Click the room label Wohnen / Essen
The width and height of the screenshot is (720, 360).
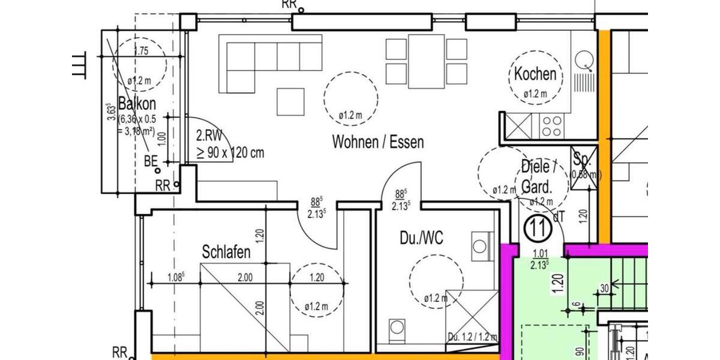(378, 142)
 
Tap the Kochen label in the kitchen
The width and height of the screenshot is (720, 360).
(535, 74)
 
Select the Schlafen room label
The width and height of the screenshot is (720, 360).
(226, 253)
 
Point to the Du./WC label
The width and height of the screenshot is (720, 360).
(421, 238)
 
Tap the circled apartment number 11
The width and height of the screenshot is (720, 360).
(538, 228)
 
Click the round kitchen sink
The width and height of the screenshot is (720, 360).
(584, 60)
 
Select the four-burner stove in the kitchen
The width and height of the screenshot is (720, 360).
(551, 126)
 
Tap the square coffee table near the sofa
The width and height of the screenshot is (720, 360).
(290, 101)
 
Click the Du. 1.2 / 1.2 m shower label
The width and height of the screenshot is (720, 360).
(472, 337)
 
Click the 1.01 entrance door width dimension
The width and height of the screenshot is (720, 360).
(538, 253)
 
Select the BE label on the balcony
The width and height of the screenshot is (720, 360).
(151, 161)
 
